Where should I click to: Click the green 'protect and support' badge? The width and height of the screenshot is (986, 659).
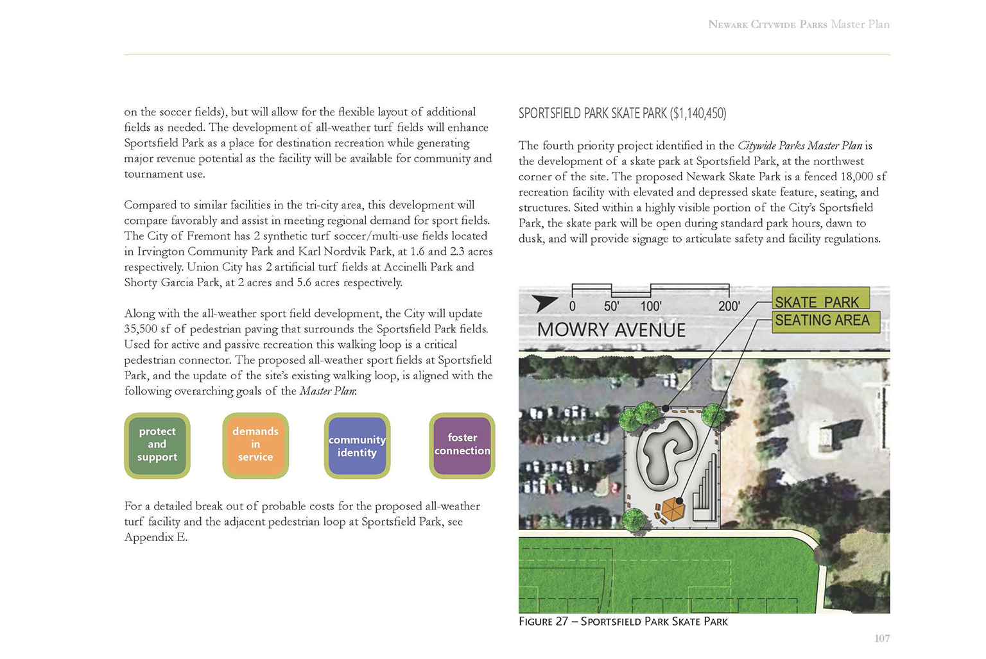coord(157,445)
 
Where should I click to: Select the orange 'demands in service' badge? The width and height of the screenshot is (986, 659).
coord(255,445)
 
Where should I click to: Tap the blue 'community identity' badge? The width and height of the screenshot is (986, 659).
coord(357,446)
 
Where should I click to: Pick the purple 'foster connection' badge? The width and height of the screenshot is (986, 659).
coord(462,445)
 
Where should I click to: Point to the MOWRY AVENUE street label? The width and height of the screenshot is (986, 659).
coord(611,330)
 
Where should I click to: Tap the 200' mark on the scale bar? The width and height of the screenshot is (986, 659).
coord(729,306)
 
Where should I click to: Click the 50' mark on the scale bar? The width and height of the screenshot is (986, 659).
coord(611,306)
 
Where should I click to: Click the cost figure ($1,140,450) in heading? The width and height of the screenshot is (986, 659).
coord(698,114)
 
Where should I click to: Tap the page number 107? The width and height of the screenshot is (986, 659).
coord(881,638)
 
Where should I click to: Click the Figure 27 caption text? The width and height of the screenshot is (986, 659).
coord(623,622)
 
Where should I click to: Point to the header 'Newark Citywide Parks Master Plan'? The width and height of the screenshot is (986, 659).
coord(798,24)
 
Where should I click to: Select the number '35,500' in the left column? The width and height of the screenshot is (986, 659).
coord(141,329)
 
